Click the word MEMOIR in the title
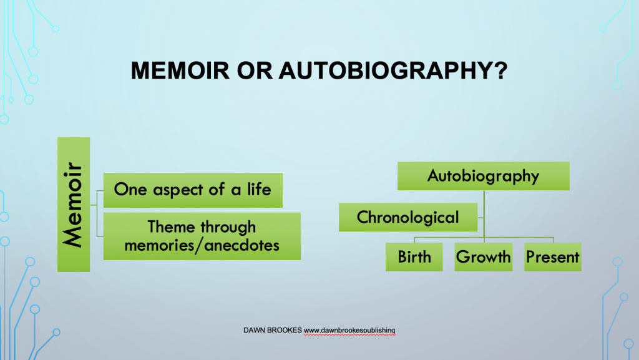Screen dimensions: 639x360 (x=180, y=71)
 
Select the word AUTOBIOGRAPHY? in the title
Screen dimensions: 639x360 (x=393, y=71)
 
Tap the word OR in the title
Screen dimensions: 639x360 (x=255, y=71)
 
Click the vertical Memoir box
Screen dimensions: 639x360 (x=74, y=205)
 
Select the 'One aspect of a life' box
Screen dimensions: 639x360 (x=193, y=190)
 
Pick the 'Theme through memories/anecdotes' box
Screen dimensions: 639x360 (x=202, y=236)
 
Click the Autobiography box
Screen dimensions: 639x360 (x=484, y=176)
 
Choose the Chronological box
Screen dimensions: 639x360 (x=408, y=218)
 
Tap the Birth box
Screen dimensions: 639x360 (x=414, y=257)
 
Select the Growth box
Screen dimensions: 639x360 (x=484, y=257)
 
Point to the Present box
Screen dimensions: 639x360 (x=553, y=257)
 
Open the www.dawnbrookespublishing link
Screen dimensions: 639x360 (x=349, y=331)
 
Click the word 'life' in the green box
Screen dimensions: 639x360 (x=259, y=190)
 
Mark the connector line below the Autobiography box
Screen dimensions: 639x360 (x=484, y=214)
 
